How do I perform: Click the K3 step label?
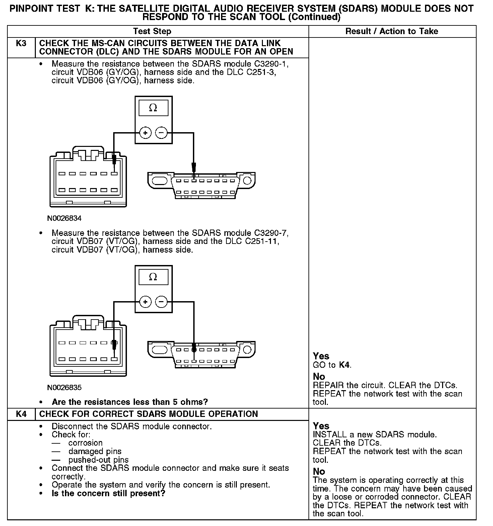tap(21, 43)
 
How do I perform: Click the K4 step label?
tap(21, 414)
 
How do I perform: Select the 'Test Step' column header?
tap(152, 31)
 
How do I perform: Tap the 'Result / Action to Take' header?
tap(392, 31)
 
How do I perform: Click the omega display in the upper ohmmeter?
tap(153, 108)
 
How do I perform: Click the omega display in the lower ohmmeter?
tap(153, 277)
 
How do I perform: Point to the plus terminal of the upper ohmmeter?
tap(145, 133)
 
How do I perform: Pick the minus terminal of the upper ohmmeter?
tap(161, 133)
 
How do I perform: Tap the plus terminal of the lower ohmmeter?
tap(145, 302)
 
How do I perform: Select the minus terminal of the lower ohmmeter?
tap(161, 302)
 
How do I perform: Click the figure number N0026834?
tap(64, 218)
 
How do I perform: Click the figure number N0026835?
tap(64, 388)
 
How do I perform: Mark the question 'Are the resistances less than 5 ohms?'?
tap(130, 402)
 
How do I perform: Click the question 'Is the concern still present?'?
tap(109, 493)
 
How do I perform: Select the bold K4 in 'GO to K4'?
tap(345, 365)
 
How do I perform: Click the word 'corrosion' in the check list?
tap(85, 443)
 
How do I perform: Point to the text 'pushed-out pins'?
tap(98, 460)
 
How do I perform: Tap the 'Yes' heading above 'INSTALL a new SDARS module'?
tap(321, 426)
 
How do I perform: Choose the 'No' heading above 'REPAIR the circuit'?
tap(319, 376)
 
